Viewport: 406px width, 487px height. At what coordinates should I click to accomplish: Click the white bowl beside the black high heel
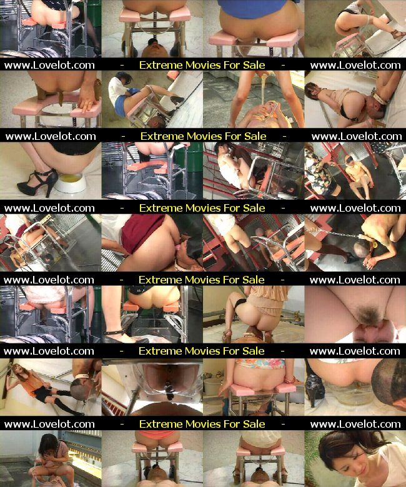(70, 183)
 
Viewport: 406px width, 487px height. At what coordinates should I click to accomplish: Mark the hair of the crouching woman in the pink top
(48, 445)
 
